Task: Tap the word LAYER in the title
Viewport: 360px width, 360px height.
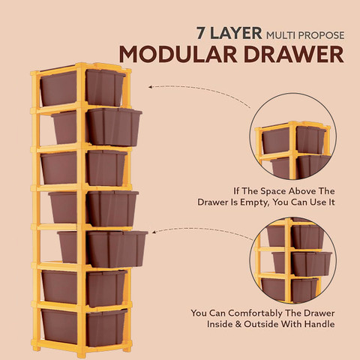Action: point(236,33)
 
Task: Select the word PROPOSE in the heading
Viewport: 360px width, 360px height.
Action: point(322,35)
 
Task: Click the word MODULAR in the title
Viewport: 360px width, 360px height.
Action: point(178,54)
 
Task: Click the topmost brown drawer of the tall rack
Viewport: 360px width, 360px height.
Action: point(82,88)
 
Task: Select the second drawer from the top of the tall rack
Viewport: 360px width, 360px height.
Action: point(97,127)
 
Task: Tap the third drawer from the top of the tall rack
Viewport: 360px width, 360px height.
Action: point(84,168)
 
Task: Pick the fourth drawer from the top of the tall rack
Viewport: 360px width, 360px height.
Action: point(94,208)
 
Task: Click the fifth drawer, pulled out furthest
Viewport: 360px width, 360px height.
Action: point(103,249)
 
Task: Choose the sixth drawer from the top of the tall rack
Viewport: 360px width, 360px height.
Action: point(84,288)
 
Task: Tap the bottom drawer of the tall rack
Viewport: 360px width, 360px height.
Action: point(84,328)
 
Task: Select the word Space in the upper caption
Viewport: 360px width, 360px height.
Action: point(274,191)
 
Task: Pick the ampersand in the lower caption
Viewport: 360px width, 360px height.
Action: point(238,324)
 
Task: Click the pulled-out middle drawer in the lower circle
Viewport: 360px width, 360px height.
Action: point(302,263)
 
